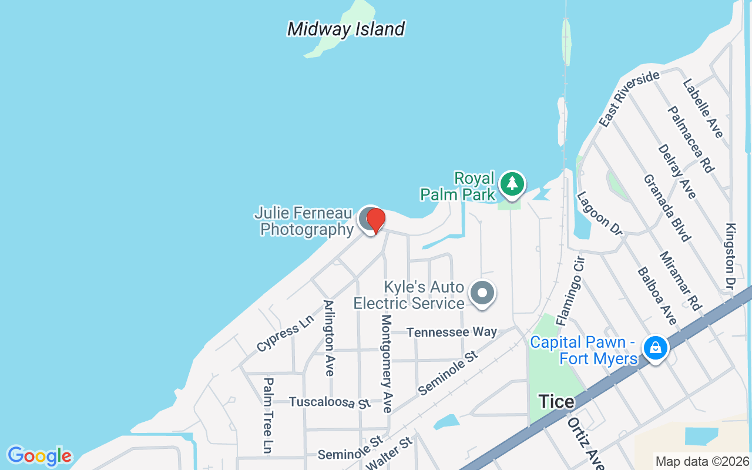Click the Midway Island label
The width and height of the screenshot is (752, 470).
346,29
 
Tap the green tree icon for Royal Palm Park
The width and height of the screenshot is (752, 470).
512,183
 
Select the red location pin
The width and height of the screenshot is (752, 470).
375,220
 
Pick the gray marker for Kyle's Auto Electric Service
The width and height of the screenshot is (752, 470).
483,292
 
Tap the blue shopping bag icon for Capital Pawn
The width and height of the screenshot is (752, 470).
656,348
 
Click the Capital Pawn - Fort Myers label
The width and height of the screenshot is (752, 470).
583,350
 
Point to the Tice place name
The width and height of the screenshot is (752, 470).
556,402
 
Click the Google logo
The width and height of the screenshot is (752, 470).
39,456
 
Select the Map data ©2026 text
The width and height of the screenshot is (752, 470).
702,462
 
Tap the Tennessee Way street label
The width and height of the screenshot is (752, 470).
451,332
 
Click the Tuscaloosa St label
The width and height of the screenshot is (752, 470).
330,402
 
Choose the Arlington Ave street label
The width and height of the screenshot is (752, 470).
329,338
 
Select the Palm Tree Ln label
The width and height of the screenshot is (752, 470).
268,415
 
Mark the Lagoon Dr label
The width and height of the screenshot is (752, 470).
599,213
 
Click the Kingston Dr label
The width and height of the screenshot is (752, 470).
731,257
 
